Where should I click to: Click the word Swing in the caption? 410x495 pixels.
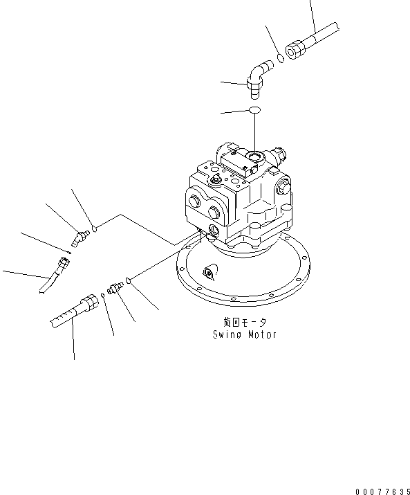coord(227,334)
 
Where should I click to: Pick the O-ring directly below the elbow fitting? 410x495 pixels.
coord(255,110)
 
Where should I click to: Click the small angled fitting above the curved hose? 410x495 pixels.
coord(82,237)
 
